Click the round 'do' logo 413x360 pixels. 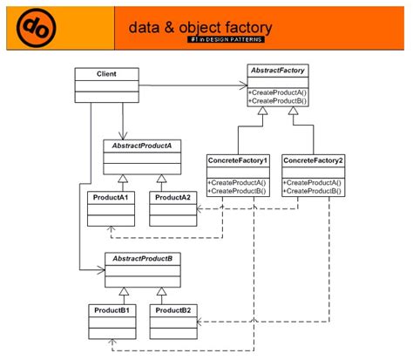tap(37, 28)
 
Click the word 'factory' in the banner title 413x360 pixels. tap(248, 28)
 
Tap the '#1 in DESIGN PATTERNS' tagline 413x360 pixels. tap(227, 39)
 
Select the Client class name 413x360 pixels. tap(106, 74)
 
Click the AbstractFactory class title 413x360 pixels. tap(278, 71)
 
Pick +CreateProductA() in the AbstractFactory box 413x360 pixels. tap(278, 92)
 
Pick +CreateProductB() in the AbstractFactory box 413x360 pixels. tap(278, 101)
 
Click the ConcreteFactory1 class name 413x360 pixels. tap(238, 160)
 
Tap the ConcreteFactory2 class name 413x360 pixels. tap(313, 160)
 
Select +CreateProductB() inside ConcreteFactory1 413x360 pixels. tap(237, 191)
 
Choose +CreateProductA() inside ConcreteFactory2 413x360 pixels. tap(312, 183)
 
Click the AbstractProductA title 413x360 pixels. tap(142, 146)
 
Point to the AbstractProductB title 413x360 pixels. tap(143, 259)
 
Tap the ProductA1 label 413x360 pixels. tap(111, 198)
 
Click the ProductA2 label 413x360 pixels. tap(173, 198)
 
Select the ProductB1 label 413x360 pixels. tap(112, 310)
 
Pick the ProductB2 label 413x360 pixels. tap(173, 310)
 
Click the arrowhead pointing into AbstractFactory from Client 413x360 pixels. tap(243, 85)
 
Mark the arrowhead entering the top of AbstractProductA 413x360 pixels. tap(123, 136)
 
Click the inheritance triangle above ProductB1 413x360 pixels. tap(124, 291)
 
